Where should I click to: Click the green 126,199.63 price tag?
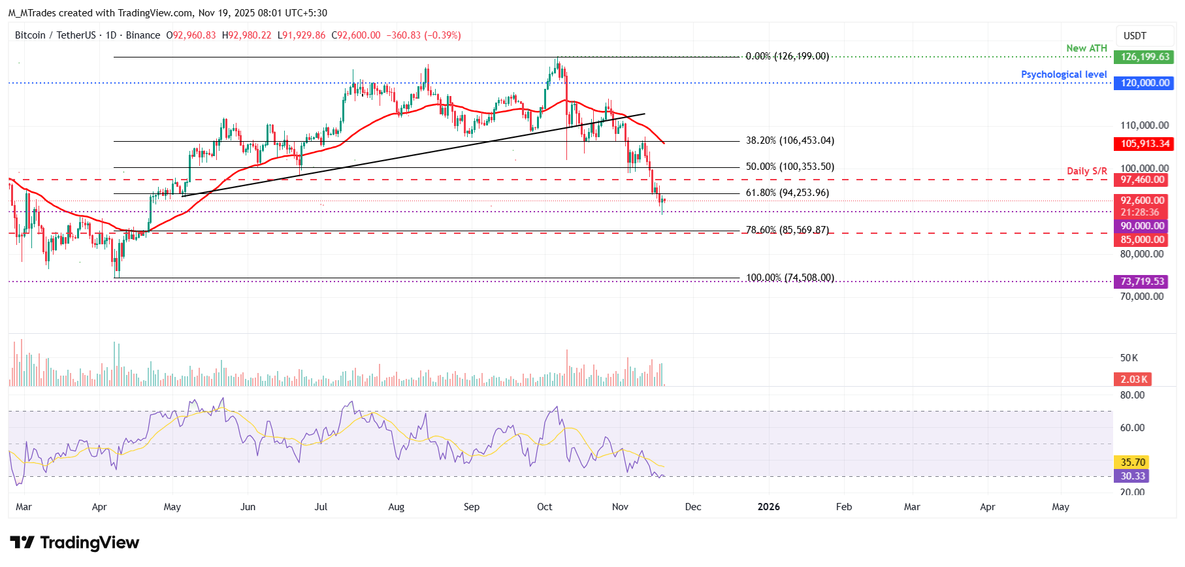(1144, 57)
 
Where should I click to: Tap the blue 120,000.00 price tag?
(1144, 83)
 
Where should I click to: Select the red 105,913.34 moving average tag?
(1144, 144)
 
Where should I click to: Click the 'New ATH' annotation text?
(1086, 48)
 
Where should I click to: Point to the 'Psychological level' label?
(1063, 74)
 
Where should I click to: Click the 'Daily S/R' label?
(1086, 171)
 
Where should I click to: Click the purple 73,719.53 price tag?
(1141, 282)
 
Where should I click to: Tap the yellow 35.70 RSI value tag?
(1132, 462)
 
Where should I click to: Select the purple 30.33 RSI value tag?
(1132, 476)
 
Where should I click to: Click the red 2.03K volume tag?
(1133, 380)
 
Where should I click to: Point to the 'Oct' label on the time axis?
(544, 507)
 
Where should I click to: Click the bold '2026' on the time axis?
(768, 507)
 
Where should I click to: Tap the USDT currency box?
(1135, 36)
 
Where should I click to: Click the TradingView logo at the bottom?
(74, 543)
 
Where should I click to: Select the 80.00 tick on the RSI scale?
(1132, 395)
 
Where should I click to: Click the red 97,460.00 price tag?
(1142, 180)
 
